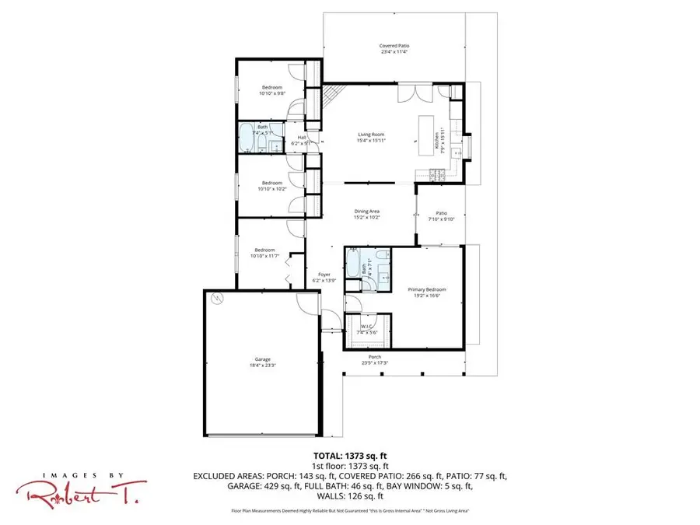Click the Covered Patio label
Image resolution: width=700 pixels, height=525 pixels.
pos(394,46)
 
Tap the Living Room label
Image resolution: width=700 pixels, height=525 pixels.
pos(371,135)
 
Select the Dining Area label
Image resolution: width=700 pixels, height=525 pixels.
pos(367,211)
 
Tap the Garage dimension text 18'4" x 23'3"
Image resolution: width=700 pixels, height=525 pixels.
pos(261,364)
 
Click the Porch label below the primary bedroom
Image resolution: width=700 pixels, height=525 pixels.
pos(375,357)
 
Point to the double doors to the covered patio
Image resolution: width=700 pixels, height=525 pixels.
pos(409,94)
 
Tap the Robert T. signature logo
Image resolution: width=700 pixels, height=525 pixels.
pos(74,491)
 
